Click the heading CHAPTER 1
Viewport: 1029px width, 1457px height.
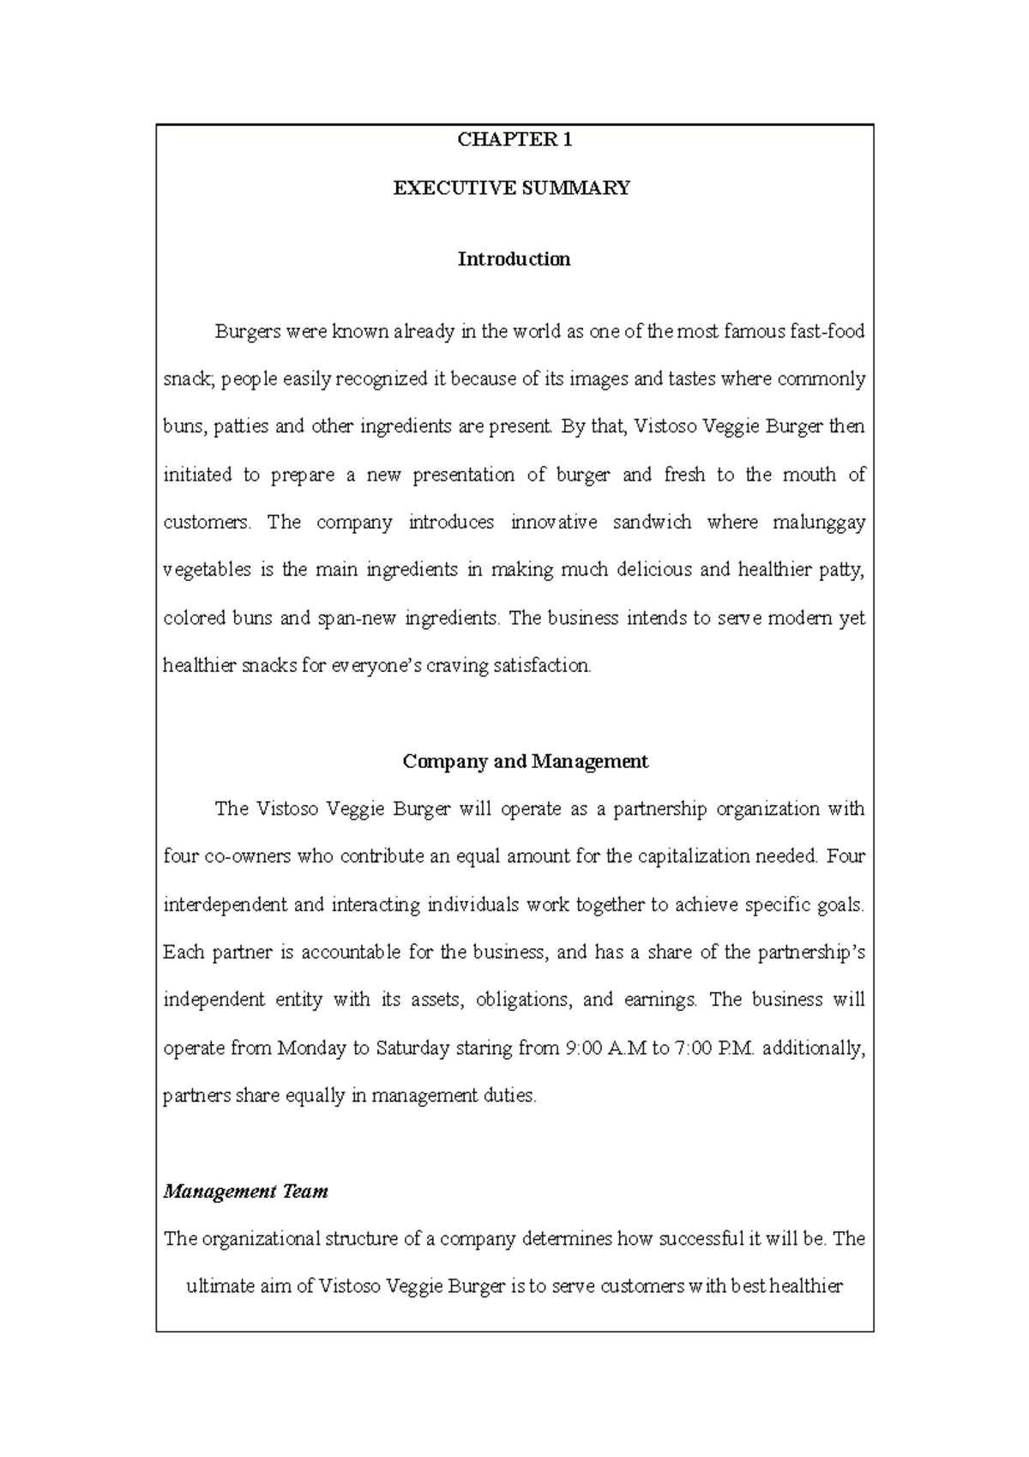point(514,141)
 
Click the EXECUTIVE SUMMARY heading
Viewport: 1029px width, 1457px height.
point(512,189)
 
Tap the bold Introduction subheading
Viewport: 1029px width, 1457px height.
point(514,259)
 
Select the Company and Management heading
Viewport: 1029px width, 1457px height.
point(525,761)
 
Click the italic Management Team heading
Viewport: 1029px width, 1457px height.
point(245,1192)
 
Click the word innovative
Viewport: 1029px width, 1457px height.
point(553,523)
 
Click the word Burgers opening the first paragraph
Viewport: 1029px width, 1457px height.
point(246,332)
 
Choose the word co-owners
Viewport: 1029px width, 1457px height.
point(248,856)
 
